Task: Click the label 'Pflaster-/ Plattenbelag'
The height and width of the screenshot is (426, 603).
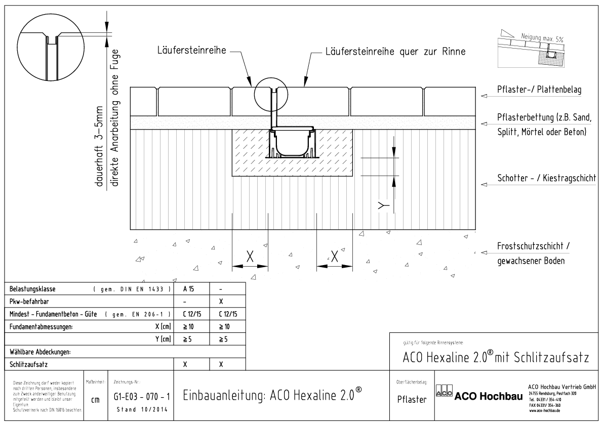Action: (539, 90)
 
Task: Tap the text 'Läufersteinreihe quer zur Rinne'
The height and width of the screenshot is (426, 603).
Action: (394, 51)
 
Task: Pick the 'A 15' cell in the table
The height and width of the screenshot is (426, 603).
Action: (191, 290)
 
